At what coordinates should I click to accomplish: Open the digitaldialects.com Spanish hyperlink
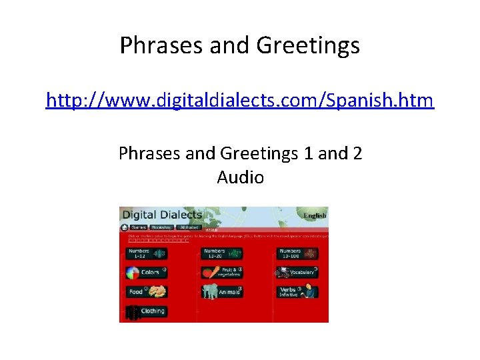pos(239,101)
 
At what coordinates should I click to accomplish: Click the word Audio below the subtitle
pos(240,177)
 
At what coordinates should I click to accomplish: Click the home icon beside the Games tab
pos(124,227)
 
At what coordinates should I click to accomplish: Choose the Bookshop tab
pos(161,227)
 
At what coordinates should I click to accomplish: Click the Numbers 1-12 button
pos(146,253)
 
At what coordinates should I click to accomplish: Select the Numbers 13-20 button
pos(222,253)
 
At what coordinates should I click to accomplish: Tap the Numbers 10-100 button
pos(297,253)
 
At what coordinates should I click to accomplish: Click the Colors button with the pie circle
pos(146,273)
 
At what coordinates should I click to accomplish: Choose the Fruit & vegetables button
pos(222,273)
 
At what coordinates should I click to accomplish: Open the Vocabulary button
pos(297,273)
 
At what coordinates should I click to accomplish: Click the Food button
pos(146,292)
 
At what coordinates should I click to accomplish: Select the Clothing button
pos(146,311)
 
